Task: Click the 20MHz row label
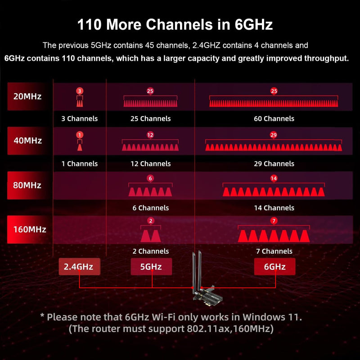pyautogui.click(x=27, y=96)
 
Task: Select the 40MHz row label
pyautogui.click(x=27, y=141)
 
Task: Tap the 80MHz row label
pyautogui.click(x=27, y=185)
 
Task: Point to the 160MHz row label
pyautogui.click(x=29, y=229)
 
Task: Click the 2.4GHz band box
pyautogui.click(x=80, y=266)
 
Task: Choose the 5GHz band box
pyautogui.click(x=151, y=266)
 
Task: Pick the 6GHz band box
pyautogui.click(x=274, y=266)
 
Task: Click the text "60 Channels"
pyautogui.click(x=274, y=118)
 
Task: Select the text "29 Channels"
pyautogui.click(x=274, y=164)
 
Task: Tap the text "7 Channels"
pyautogui.click(x=274, y=251)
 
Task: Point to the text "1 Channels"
pyautogui.click(x=80, y=164)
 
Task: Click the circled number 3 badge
pyautogui.click(x=80, y=91)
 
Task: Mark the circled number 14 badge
pyautogui.click(x=274, y=178)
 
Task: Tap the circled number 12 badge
pyautogui.click(x=150, y=135)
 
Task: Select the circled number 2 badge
pyautogui.click(x=151, y=221)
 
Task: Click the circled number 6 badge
pyautogui.click(x=150, y=178)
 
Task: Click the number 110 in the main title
pyautogui.click(x=89, y=24)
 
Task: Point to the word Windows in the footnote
pyautogui.click(x=262, y=317)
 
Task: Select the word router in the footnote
pyautogui.click(x=105, y=329)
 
